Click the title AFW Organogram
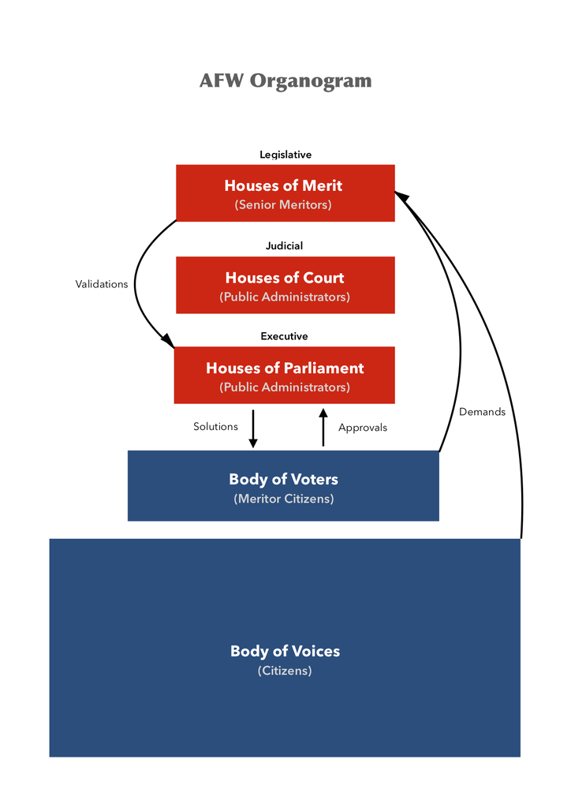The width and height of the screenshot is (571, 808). [x=285, y=81]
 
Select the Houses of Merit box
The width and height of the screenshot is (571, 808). [x=285, y=193]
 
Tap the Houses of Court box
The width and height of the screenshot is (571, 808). [x=285, y=285]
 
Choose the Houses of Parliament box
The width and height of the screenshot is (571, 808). [x=285, y=375]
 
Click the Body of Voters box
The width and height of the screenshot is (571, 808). [x=283, y=485]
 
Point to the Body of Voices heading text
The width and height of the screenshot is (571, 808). [x=285, y=651]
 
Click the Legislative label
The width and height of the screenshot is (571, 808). [x=285, y=155]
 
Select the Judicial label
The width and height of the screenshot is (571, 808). [x=284, y=246]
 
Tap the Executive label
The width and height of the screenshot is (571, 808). [x=284, y=336]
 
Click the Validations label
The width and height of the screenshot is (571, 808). [x=102, y=284]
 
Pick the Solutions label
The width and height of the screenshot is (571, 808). [x=215, y=427]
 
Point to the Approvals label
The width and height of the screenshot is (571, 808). [x=363, y=428]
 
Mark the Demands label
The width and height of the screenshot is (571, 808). [x=482, y=412]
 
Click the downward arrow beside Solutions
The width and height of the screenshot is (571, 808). [x=253, y=428]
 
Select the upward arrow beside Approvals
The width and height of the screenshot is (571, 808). [x=323, y=428]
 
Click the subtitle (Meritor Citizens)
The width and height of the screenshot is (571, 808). [x=284, y=499]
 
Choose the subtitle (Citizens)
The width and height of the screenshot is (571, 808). [x=285, y=671]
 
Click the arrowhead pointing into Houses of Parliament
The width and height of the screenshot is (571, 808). [x=168, y=340]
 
